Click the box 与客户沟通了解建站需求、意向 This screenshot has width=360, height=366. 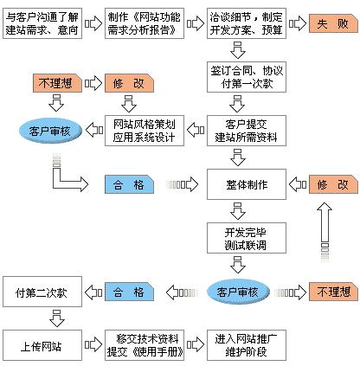[42, 23]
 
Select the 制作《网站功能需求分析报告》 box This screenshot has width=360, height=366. [145, 23]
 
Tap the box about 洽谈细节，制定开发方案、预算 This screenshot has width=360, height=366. [247, 23]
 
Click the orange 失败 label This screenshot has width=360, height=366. [333, 23]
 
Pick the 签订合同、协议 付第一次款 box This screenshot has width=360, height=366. [247, 77]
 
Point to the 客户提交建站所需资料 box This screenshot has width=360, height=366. [247, 131]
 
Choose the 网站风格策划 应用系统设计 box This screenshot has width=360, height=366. [145, 131]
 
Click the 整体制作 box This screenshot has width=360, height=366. [247, 184]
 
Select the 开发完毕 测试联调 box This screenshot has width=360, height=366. [247, 238]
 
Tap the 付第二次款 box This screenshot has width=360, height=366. [42, 292]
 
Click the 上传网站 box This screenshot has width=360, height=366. [42, 345]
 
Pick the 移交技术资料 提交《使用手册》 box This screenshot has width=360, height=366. [145, 345]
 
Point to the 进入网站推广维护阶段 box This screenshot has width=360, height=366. [247, 345]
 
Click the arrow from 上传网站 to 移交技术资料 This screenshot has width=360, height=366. [93, 344]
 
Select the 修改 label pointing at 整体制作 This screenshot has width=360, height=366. [333, 184]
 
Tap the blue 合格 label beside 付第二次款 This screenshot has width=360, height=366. [129, 292]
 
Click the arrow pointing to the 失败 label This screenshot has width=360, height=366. [298, 23]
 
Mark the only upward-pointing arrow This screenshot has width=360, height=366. [325, 232]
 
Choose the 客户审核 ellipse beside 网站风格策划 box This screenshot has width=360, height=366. [50, 131]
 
